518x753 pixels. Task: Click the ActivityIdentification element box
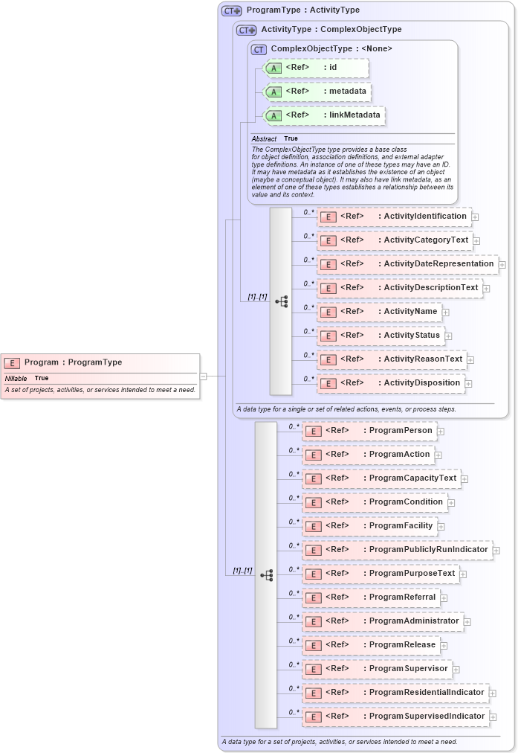coord(394,217)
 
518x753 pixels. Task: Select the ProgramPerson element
coord(369,431)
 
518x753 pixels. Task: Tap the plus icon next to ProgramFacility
coord(441,526)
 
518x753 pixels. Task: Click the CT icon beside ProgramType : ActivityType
coord(232,10)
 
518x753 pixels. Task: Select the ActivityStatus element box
coord(381,336)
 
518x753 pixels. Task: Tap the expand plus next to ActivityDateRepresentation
coord(502,264)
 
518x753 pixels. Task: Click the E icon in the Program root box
coord(12,363)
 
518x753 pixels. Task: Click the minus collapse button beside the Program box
coord(203,376)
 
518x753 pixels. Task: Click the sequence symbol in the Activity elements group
coord(281,301)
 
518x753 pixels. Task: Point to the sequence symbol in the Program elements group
coord(266,575)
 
